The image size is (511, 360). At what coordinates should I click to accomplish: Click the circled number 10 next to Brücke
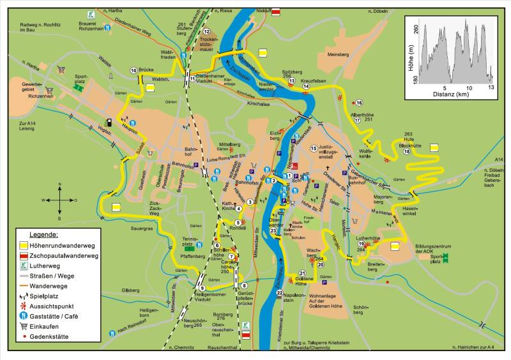tap(133, 70)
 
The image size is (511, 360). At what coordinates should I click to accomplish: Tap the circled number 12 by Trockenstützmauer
tap(206, 31)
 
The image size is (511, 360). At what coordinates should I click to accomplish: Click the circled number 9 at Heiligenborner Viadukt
tap(201, 289)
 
